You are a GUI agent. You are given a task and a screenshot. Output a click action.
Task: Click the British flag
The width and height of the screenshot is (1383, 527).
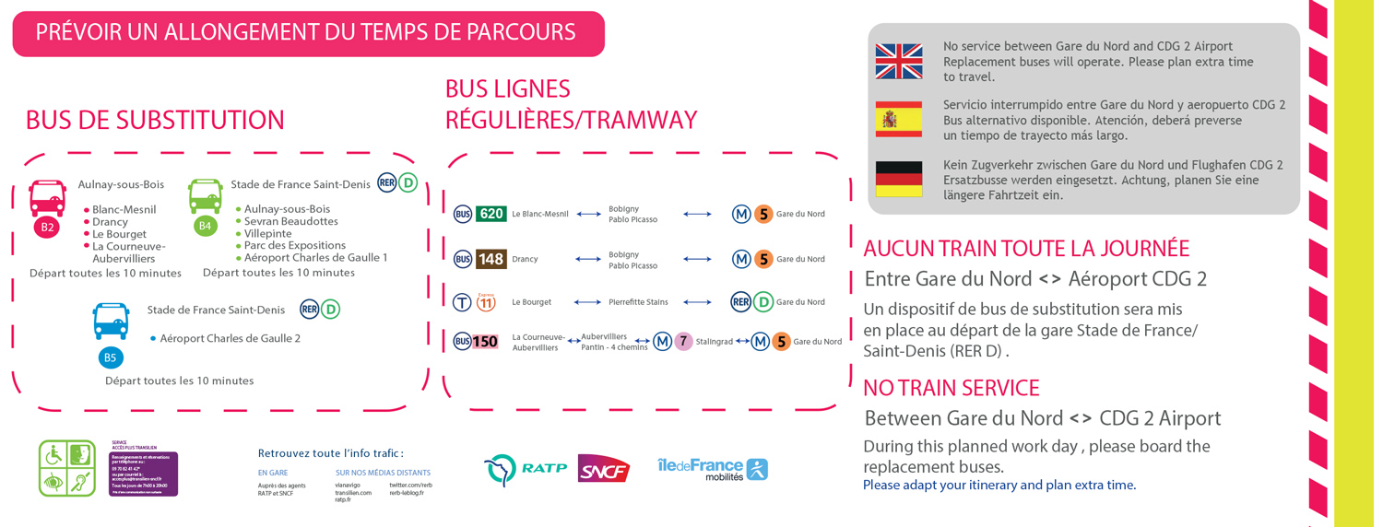(898, 62)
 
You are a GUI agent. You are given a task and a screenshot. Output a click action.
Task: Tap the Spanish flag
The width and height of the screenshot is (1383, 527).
(898, 120)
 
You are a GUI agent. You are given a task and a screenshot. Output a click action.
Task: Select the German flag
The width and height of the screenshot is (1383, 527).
(898, 180)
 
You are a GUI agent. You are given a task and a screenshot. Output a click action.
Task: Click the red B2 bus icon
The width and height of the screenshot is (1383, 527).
(47, 198)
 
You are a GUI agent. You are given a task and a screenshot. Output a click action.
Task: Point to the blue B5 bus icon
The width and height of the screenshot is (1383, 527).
(111, 322)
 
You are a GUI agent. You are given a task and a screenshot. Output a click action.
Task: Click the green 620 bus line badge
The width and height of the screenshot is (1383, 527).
(491, 214)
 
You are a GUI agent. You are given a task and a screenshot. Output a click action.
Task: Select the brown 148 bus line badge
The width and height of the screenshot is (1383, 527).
(491, 259)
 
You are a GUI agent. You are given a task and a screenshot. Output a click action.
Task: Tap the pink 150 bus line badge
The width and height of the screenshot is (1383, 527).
(485, 342)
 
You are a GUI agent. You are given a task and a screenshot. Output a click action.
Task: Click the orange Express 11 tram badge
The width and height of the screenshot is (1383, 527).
(486, 301)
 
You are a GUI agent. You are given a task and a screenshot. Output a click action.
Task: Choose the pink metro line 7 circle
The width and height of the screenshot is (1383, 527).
(683, 342)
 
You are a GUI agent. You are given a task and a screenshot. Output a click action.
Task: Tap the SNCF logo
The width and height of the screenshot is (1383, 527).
(603, 469)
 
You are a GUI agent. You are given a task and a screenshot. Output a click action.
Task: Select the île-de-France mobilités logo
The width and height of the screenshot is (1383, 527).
(712, 469)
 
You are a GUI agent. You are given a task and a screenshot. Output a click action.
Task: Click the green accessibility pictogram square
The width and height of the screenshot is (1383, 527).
(67, 468)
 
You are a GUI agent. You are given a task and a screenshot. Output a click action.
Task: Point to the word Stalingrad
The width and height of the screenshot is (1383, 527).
(715, 342)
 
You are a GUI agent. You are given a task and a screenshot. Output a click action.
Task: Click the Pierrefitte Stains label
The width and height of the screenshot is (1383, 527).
(638, 302)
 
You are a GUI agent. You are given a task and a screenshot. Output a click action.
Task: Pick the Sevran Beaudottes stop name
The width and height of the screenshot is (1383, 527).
(290, 221)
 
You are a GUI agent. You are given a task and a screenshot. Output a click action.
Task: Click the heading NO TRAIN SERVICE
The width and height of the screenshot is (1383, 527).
(951, 388)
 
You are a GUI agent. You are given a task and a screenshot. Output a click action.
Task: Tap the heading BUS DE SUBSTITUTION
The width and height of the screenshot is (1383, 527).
(155, 121)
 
